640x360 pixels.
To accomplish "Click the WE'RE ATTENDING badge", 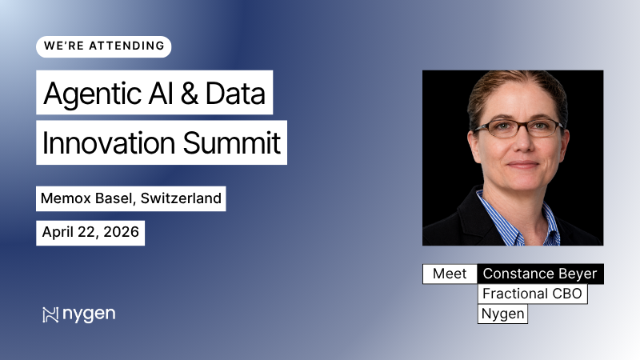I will pyautogui.click(x=103, y=46).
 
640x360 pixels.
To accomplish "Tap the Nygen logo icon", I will pyautogui.click(x=50, y=314).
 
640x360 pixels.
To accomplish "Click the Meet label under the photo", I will pyautogui.click(x=450, y=274).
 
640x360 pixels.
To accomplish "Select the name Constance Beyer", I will pyautogui.click(x=540, y=274).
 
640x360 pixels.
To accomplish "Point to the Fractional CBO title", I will pyautogui.click(x=532, y=294).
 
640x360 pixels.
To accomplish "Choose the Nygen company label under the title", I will pyautogui.click(x=503, y=314).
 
